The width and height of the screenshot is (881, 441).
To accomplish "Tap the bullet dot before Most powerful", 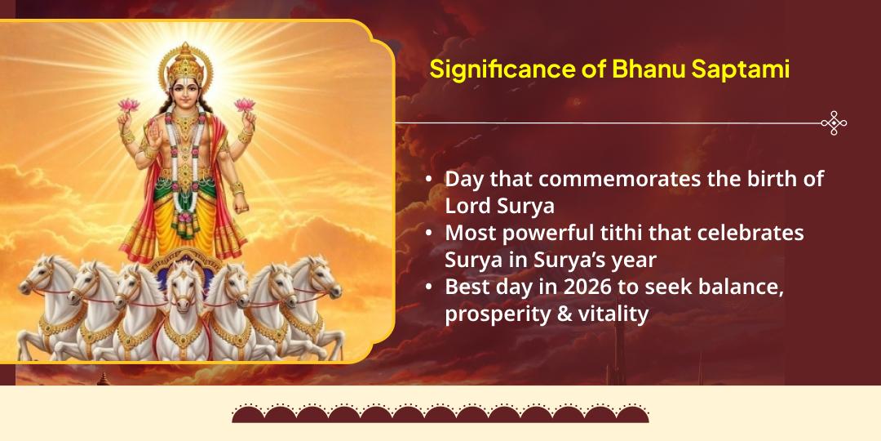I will point(429,234).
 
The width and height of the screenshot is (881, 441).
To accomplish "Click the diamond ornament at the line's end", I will point(834,123).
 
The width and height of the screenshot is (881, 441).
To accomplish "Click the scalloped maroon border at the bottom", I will point(440,413).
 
